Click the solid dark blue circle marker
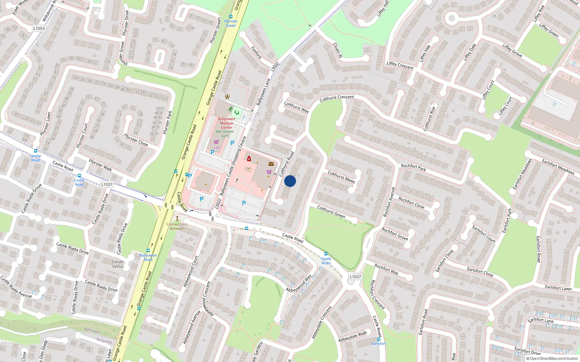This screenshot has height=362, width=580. (290, 181)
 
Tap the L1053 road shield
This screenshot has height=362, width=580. (39, 28)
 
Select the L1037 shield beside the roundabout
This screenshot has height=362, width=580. (355, 277)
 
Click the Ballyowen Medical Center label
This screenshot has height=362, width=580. (227, 123)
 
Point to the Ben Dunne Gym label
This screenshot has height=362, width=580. (225, 134)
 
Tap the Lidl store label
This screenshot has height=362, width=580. (216, 148)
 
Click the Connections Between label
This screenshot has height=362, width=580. (177, 226)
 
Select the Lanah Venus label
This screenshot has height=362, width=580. (118, 264)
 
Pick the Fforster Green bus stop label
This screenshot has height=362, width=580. (231, 23)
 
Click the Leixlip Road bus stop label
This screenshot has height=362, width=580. (36, 158)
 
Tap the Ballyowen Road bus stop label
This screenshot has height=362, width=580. (148, 257)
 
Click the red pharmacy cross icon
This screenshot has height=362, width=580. (249, 159)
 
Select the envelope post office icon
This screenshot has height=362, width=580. (271, 164)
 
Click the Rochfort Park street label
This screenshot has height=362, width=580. (413, 167)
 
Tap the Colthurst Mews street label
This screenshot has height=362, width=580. (341, 177)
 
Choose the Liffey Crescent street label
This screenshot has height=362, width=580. (400, 65)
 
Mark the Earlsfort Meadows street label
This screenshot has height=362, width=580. (558, 167)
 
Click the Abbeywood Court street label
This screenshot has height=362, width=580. (191, 271)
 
